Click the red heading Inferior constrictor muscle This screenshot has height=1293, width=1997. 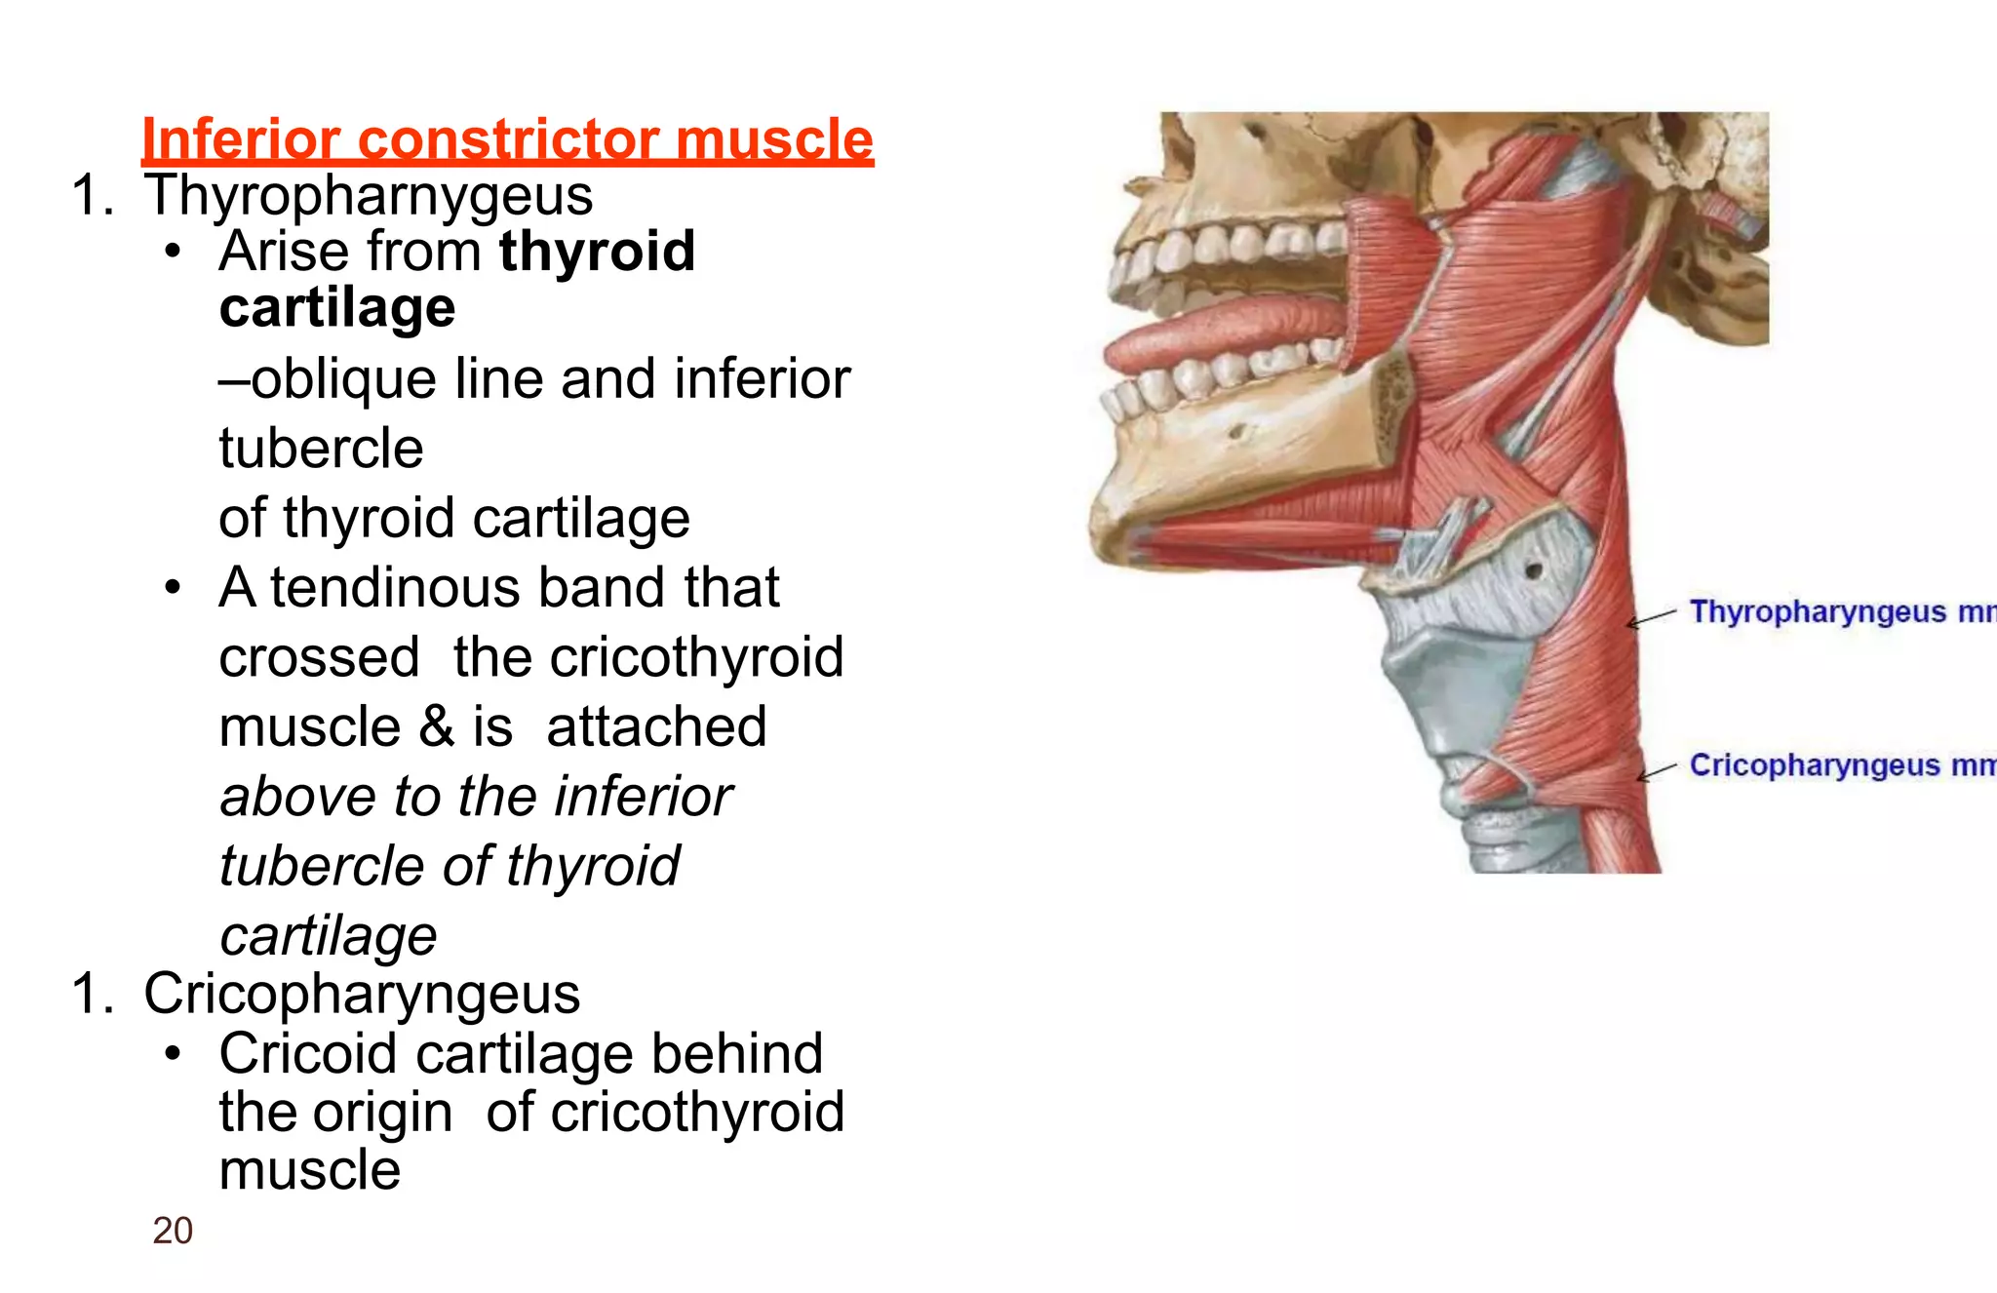pos(507,139)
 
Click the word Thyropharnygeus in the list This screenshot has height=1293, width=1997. pos(369,196)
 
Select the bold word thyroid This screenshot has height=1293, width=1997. pos(597,252)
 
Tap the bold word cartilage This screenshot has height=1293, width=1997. pos(337,308)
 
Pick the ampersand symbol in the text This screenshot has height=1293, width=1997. pos(436,727)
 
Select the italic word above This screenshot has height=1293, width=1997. pos(298,797)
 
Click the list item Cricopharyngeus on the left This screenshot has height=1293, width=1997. pos(362,994)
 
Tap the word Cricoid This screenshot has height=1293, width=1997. pos(309,1054)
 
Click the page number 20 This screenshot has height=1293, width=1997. pos(173,1231)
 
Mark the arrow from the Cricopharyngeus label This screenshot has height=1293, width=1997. pos(1657,772)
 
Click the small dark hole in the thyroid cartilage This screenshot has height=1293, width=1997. pos(1533,569)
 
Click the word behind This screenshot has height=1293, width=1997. pos(736,1054)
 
